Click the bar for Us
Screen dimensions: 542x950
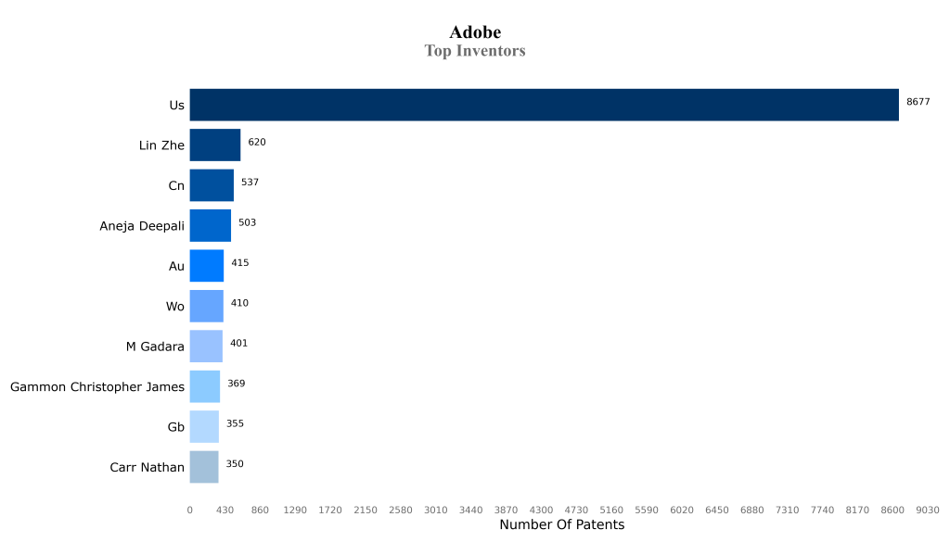(x=544, y=105)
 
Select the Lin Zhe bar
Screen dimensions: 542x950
(x=214, y=145)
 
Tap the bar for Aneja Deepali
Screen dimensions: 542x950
(x=210, y=225)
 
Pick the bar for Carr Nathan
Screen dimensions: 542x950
(x=203, y=467)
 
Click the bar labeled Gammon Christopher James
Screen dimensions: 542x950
(x=204, y=386)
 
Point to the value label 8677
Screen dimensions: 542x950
(x=918, y=102)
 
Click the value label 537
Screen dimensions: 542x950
(x=250, y=183)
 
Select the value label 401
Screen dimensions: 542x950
(x=238, y=344)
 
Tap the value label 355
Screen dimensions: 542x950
(x=235, y=424)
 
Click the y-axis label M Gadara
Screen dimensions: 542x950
(x=155, y=347)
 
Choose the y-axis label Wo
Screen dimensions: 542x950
(x=174, y=307)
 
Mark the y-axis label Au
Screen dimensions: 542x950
(x=175, y=267)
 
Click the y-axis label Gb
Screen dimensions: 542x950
(x=175, y=427)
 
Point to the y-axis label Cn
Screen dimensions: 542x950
(x=175, y=186)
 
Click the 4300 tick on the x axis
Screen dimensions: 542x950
(x=541, y=510)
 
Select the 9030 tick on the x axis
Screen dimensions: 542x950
(x=927, y=510)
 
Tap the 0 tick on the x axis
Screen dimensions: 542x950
(x=189, y=510)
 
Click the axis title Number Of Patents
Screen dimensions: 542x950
(x=561, y=525)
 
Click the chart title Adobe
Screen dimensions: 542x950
(x=475, y=32)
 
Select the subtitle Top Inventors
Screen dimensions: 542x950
(x=475, y=51)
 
